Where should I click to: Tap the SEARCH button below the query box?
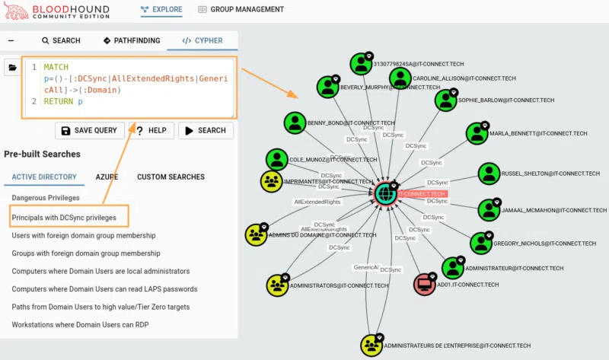coord(206,130)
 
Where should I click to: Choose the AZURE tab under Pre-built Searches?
coord(107,177)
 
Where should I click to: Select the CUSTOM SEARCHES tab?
coord(171,177)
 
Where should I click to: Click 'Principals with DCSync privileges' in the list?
coord(64,218)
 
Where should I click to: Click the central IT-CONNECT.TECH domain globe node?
coord(386,193)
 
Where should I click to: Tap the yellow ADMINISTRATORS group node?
coord(277,285)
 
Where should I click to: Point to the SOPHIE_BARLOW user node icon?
coord(445,99)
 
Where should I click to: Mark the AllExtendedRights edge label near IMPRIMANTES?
coord(317,202)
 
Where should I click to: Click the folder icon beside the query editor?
coord(13,68)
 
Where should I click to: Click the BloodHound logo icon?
coord(14,11)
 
